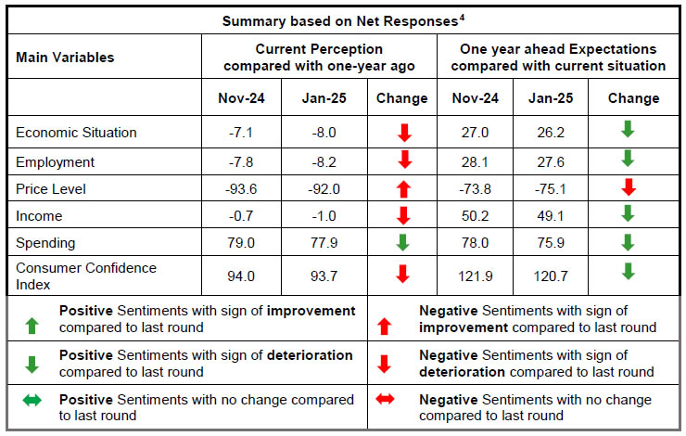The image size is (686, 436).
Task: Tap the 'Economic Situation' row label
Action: [x=76, y=133]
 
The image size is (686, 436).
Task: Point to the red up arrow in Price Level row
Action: [x=403, y=189]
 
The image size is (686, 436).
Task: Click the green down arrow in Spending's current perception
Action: [x=403, y=243]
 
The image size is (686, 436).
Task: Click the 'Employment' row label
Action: [x=55, y=162]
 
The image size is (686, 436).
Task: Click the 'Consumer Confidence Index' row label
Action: [x=86, y=275]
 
